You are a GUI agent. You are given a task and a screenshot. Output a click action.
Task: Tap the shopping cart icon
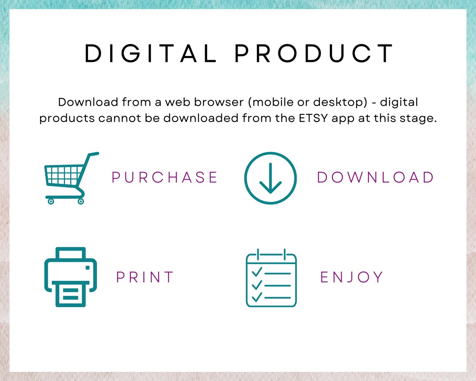[x=72, y=178]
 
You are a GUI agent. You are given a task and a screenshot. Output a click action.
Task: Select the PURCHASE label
[x=165, y=178]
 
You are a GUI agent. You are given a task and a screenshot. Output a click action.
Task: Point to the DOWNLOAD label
[x=375, y=178]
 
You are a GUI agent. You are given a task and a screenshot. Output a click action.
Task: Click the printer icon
[x=71, y=277]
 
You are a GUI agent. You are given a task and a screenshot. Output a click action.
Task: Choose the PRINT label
[x=145, y=277]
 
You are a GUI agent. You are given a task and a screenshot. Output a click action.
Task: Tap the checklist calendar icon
[x=271, y=278]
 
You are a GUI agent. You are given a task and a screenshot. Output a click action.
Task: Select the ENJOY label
[x=352, y=277]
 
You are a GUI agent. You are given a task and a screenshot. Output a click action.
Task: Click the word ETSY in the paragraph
[x=313, y=118]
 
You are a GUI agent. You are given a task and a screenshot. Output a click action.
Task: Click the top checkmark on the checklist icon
[x=257, y=271]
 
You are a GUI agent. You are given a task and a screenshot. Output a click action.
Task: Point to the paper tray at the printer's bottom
[x=71, y=294]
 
